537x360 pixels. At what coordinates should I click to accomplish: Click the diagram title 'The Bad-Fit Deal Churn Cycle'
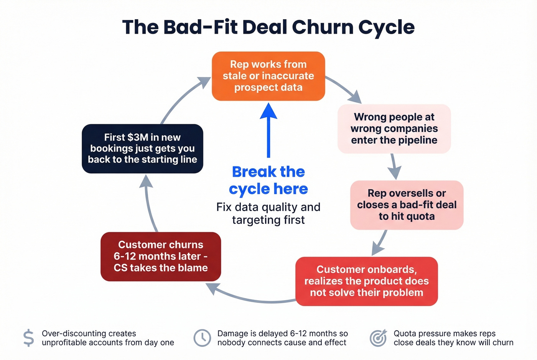coord(268,28)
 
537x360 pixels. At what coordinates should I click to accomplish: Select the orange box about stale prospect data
coord(268,76)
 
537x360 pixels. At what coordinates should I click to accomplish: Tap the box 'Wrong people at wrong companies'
coord(394,129)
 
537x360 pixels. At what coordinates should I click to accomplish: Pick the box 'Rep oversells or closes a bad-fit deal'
coord(407,205)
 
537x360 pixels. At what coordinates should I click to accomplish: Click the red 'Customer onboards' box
coord(366,281)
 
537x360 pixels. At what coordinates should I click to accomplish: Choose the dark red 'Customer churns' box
coord(161,256)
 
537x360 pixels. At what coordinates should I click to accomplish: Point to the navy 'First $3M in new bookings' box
coord(142,149)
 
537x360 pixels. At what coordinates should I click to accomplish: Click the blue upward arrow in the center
coord(268,130)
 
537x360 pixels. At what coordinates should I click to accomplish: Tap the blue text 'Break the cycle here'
coord(268,180)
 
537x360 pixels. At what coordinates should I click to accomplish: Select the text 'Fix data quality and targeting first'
coord(268,213)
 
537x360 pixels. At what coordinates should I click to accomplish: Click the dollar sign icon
coord(28,338)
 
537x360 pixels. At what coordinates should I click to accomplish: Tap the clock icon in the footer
coord(202,338)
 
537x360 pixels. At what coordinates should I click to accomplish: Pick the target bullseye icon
coord(378,338)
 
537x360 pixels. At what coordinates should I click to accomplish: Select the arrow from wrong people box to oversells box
coord(394,166)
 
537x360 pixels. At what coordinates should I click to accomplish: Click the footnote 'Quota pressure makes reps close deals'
coord(453,338)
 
